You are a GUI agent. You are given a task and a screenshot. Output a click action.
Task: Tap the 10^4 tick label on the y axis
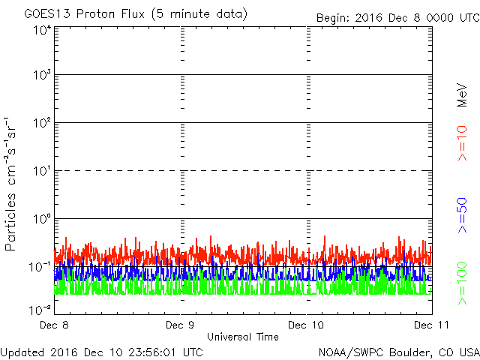click(41, 31)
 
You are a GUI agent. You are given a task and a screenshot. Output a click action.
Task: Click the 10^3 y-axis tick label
click(41, 75)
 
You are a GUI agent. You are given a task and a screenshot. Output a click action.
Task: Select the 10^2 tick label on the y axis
click(41, 123)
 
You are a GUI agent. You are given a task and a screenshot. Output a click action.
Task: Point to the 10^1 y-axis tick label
click(41, 171)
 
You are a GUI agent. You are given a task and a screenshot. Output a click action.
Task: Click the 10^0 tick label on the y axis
click(41, 219)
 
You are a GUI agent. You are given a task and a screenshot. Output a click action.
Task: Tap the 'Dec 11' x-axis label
click(428, 325)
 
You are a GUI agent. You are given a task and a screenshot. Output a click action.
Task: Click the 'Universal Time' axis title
click(242, 337)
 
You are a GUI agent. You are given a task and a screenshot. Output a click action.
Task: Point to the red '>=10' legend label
click(463, 142)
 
